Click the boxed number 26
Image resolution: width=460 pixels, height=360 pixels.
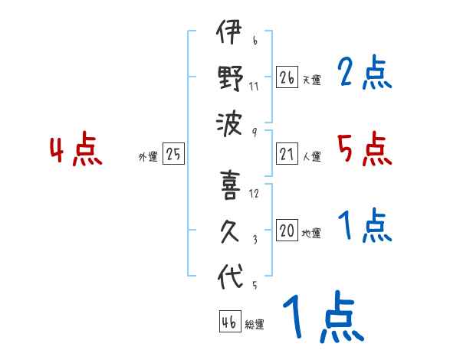point(287,77)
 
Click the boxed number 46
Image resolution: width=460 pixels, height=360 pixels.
point(229,322)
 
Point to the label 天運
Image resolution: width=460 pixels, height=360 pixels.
point(311,80)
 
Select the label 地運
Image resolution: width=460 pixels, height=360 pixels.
point(311,234)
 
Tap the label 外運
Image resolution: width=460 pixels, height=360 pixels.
point(147,157)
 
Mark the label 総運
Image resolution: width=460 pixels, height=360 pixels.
point(255,324)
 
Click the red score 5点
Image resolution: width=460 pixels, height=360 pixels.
point(364,149)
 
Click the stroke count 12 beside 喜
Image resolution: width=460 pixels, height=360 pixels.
point(254,193)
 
